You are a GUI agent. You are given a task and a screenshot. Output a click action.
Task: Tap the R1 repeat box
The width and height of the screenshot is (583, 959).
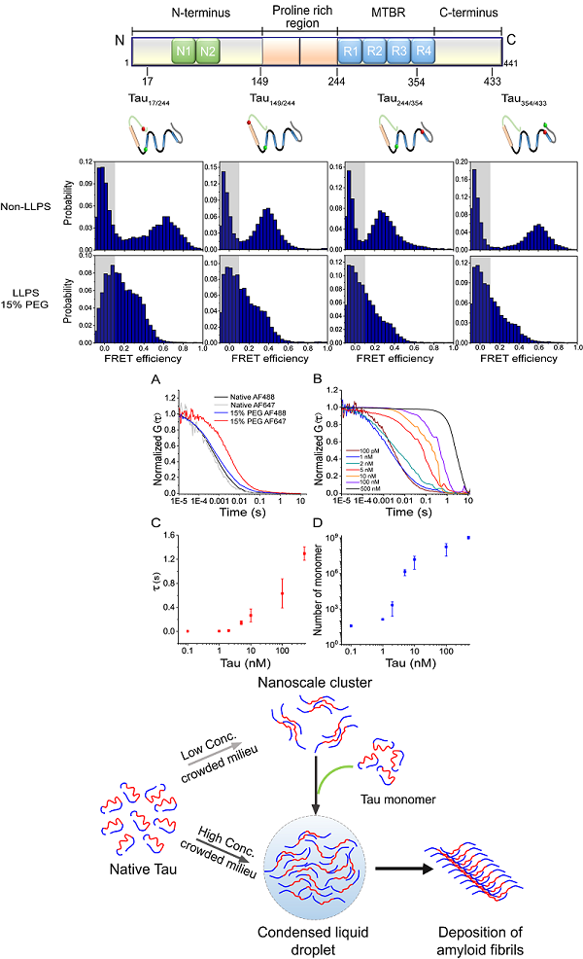[351, 52]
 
